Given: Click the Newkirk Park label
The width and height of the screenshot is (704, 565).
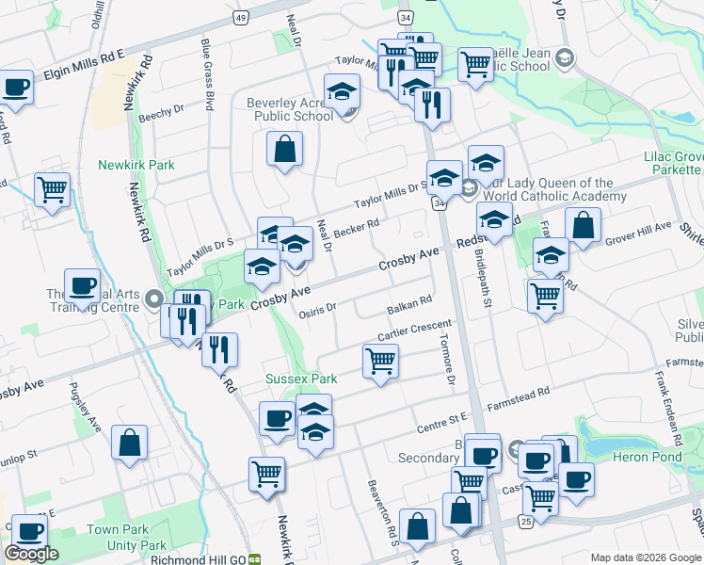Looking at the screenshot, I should click(136, 165).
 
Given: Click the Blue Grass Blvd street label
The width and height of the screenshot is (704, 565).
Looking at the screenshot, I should click(207, 73).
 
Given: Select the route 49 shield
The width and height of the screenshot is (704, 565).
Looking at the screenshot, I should click(242, 18).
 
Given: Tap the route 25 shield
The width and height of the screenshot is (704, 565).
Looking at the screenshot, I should click(525, 521).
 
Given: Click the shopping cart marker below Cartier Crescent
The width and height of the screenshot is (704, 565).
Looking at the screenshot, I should click(380, 361).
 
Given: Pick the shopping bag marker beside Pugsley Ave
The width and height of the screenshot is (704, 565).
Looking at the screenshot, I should click(129, 442).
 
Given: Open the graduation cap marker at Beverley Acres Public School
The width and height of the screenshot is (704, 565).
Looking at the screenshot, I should click(342, 92).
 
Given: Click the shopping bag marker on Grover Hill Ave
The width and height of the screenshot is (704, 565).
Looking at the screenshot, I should click(583, 226).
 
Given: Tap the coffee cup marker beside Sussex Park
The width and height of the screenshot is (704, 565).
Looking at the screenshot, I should click(277, 417).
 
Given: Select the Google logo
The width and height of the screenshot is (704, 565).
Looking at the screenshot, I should click(31, 554).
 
